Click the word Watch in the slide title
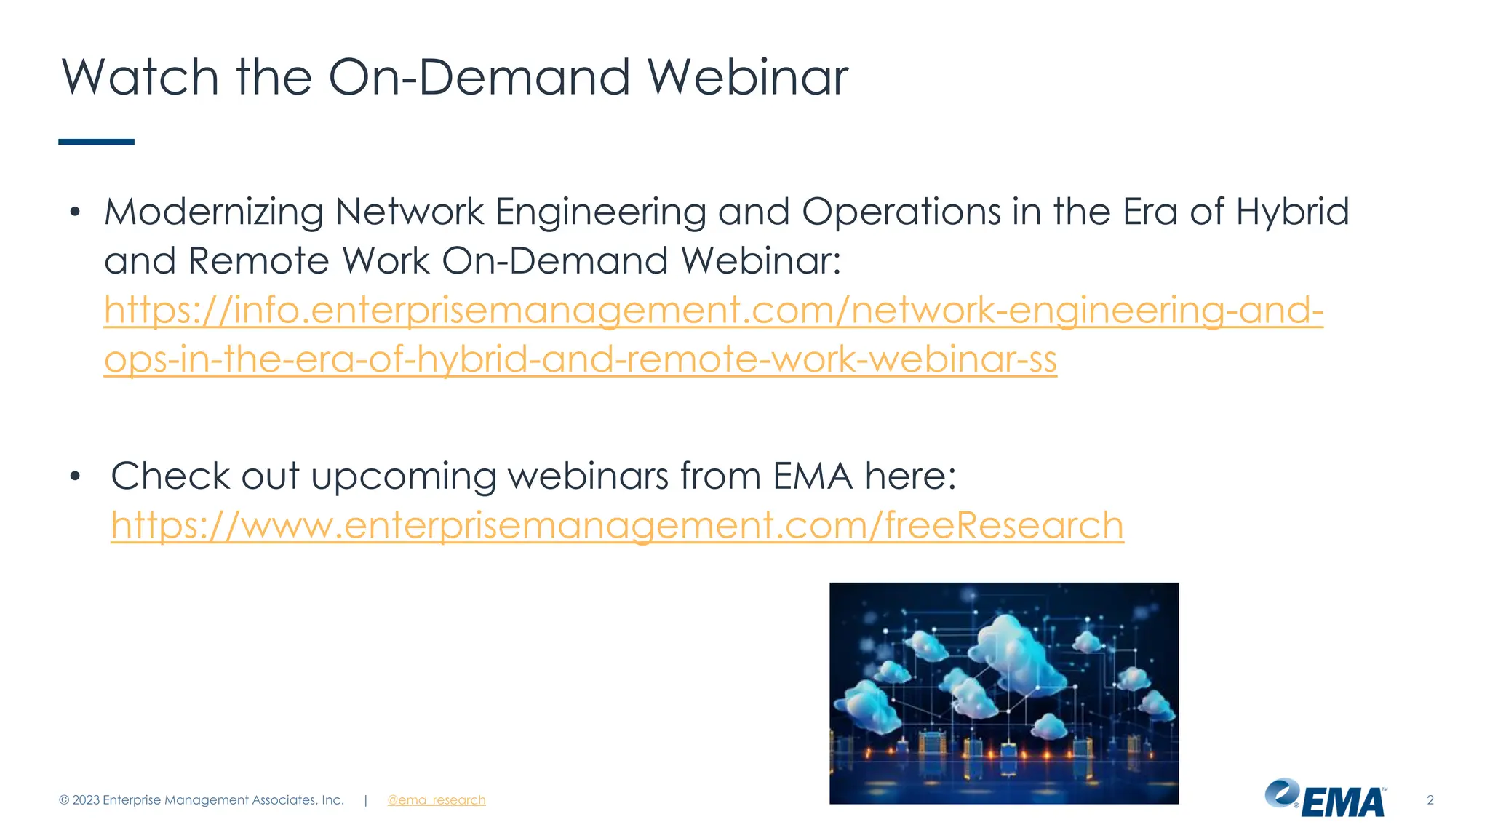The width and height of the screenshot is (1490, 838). [140, 77]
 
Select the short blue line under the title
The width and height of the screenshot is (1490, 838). [96, 142]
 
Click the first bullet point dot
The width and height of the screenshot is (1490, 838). [74, 212]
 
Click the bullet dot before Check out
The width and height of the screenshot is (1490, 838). [74, 477]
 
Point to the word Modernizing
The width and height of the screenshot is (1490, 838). [213, 212]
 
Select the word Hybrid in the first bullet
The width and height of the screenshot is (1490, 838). [1292, 212]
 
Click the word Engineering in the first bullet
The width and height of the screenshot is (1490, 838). [600, 212]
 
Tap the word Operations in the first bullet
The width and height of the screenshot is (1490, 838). [901, 212]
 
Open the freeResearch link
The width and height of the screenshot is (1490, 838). [617, 525]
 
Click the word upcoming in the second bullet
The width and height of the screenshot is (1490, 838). [403, 477]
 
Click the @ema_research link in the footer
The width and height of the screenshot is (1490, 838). [436, 800]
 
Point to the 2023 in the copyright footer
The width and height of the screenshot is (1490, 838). [86, 800]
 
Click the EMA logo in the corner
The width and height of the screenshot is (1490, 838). [1326, 799]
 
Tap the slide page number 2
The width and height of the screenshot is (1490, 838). [1430, 800]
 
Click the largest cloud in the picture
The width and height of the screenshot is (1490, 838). [1015, 644]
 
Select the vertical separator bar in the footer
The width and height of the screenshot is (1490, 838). [365, 800]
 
